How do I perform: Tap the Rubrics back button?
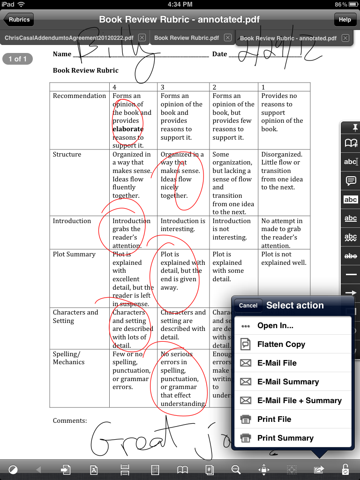click(19, 20)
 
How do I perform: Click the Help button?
click(345, 20)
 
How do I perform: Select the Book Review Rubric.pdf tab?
click(187, 37)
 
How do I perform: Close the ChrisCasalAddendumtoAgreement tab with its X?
click(142, 37)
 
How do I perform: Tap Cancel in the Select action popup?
click(248, 305)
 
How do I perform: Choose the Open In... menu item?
click(275, 326)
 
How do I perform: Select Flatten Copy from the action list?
click(281, 345)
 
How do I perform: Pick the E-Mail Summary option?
click(288, 382)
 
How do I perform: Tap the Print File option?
click(274, 419)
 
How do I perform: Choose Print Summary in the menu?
click(285, 438)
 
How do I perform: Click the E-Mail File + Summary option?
click(299, 400)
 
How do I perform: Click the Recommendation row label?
click(79, 96)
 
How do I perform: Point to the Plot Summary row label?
click(74, 254)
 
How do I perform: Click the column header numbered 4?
click(115, 87)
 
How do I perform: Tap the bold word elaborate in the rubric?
click(128, 129)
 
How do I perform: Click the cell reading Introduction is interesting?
click(183, 225)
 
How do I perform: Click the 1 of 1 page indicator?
click(18, 59)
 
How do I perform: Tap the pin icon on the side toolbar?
click(351, 127)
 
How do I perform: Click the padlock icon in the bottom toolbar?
click(345, 469)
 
